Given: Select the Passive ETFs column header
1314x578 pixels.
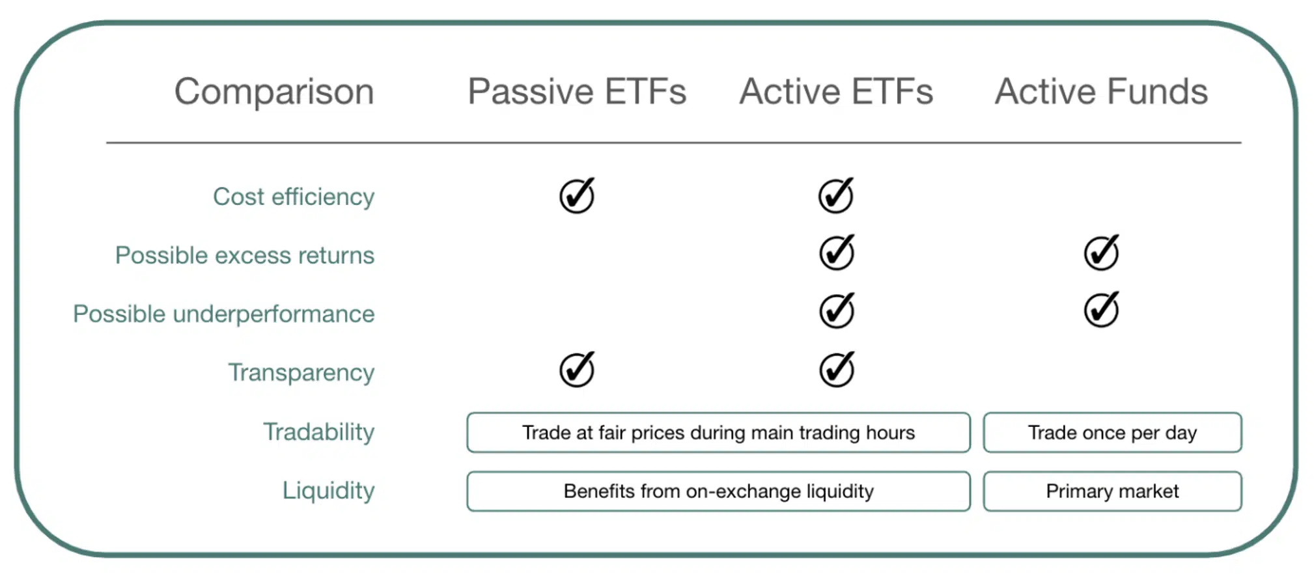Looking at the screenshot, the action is coord(577,91).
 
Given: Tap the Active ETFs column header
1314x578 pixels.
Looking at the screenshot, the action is coord(836,91).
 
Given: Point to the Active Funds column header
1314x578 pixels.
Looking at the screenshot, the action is coord(1101,91).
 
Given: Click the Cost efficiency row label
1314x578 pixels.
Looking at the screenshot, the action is coord(294,197).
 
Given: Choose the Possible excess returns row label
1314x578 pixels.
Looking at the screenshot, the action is coord(245,255).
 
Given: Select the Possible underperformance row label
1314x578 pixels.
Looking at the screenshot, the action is coord(224,314).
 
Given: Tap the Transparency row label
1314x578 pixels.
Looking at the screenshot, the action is coord(301,373).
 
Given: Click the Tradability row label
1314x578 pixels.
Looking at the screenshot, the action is coord(319,432).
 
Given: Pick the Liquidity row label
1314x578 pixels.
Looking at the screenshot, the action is coord(329,491).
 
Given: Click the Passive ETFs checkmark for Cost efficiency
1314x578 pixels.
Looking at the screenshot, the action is coord(577,195).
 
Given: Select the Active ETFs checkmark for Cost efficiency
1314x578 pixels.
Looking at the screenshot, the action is coord(836,195).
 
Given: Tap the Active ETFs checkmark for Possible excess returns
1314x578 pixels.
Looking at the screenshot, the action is coord(837,253).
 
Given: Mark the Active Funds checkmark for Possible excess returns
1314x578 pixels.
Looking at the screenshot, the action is coord(1102,253).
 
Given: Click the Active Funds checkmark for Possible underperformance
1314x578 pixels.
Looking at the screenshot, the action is coord(1102,309).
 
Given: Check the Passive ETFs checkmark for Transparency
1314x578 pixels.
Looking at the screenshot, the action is coord(577,369).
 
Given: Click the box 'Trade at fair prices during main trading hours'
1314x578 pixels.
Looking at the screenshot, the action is coord(719,432).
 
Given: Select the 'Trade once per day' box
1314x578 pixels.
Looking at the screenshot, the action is coord(1113,432).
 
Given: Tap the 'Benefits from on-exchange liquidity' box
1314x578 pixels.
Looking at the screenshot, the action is coord(719,491).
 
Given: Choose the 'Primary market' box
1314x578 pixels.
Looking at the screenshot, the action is coord(1113,491).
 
